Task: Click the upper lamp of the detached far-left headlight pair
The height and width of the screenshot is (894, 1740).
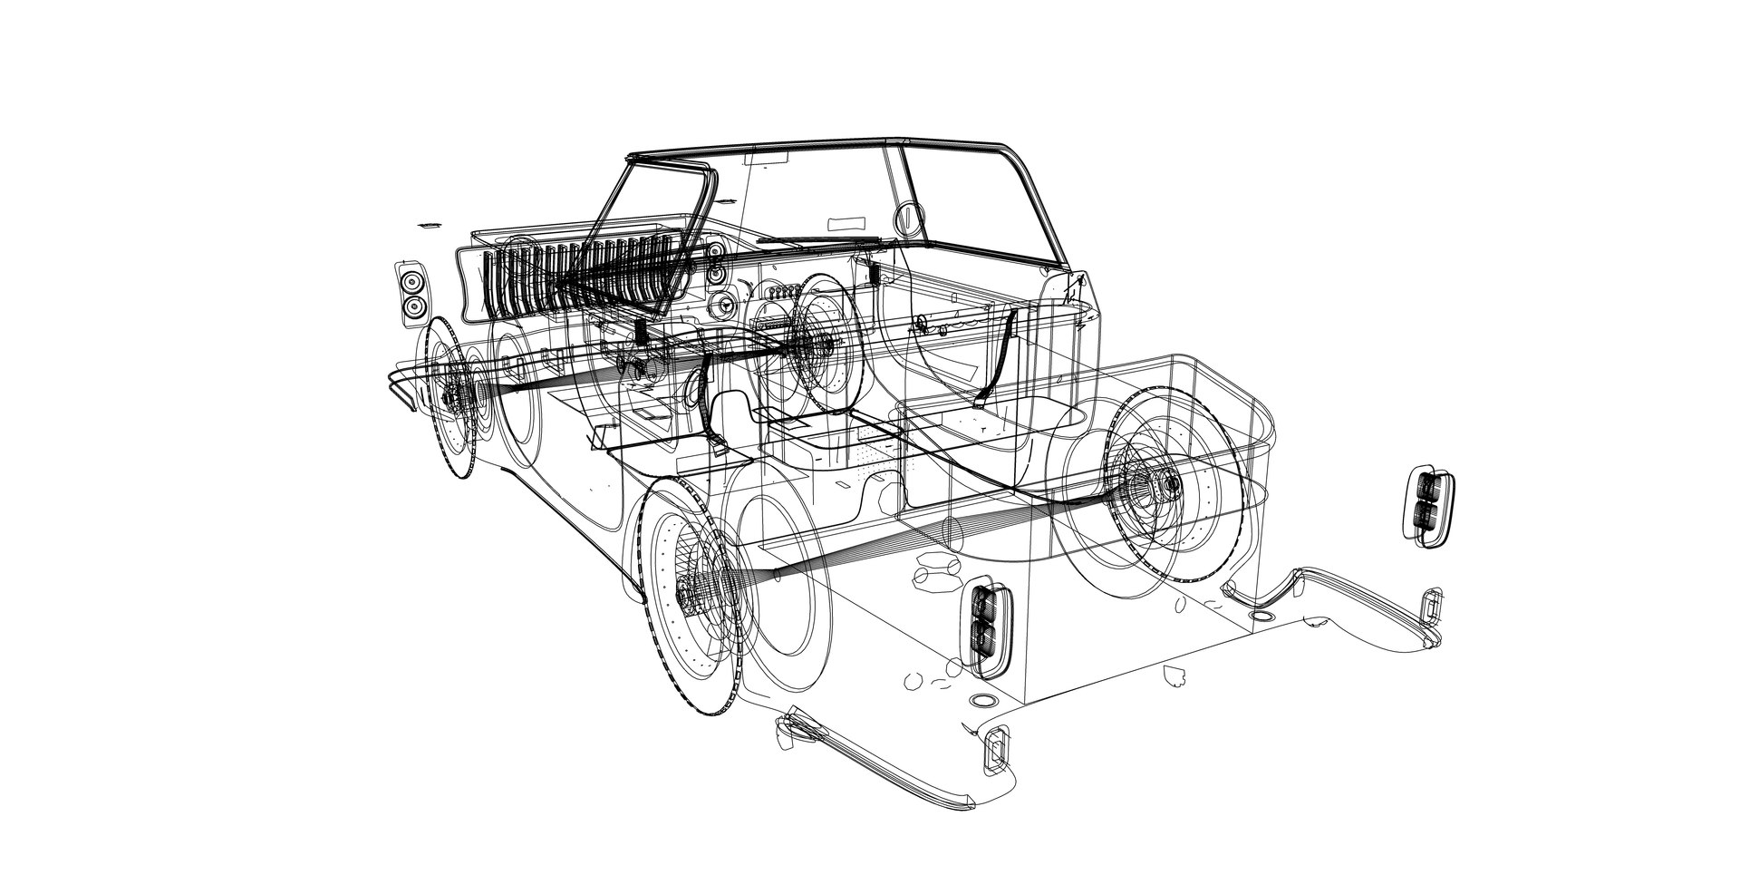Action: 413,280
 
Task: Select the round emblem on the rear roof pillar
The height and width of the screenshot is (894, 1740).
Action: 907,218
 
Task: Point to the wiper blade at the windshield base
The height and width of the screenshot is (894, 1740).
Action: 816,241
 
